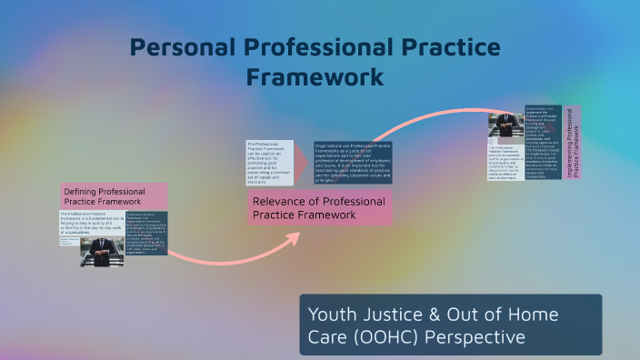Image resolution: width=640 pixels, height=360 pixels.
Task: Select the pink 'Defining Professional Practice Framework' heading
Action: click(114, 196)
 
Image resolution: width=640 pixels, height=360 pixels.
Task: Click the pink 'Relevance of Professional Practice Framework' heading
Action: click(319, 208)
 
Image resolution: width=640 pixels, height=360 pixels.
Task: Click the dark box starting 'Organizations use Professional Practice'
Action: click(353, 164)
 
